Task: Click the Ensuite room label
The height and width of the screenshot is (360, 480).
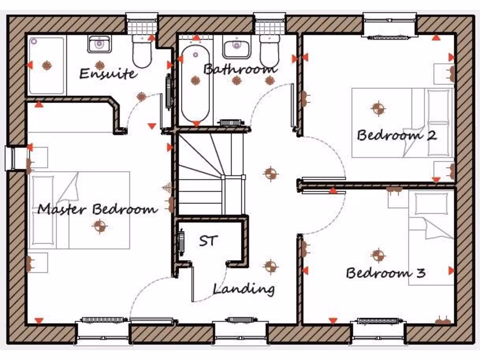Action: tap(108, 74)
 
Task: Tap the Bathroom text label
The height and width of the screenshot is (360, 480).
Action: tap(240, 69)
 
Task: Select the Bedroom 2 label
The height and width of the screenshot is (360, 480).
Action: tap(397, 135)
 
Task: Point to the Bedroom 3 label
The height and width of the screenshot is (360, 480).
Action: tap(385, 273)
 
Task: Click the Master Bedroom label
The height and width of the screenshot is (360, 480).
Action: tap(97, 209)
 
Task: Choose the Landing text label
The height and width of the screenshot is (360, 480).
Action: tap(244, 289)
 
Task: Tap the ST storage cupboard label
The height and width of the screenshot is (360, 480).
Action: tap(208, 241)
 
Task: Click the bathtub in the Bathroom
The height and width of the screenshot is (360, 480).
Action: tap(195, 84)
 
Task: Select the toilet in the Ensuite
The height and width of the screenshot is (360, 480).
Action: tap(142, 52)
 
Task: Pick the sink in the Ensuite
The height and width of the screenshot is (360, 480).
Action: tap(99, 45)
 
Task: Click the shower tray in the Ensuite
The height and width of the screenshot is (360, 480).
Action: tap(46, 66)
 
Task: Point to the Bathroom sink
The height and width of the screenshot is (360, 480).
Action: tap(236, 47)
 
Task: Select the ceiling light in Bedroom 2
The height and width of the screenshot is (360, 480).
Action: tap(378, 108)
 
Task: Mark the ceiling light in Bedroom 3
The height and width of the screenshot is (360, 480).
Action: tap(378, 255)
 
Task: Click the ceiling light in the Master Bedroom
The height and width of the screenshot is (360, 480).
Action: tap(99, 226)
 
